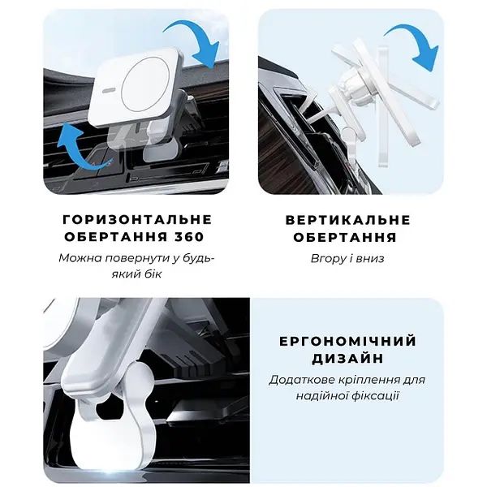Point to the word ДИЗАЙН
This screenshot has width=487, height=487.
coord(347,358)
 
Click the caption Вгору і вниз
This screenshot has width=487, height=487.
coord(347,258)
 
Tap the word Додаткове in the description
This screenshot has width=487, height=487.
coord(302,380)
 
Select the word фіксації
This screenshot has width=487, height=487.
coord(377,396)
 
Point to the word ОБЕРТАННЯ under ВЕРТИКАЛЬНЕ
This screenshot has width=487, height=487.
coord(347,238)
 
